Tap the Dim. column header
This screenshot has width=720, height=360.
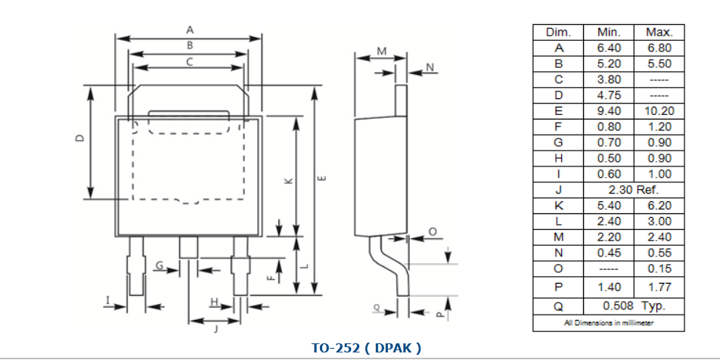(x=558, y=33)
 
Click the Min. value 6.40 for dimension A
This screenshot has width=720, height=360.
(x=609, y=48)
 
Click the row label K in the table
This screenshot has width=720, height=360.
(x=558, y=206)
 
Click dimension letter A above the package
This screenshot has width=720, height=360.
(x=190, y=29)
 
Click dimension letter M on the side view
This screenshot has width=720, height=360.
(x=382, y=51)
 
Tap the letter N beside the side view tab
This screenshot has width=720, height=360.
(x=429, y=68)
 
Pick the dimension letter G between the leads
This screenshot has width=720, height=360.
(x=160, y=265)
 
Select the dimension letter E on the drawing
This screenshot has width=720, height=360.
(x=323, y=178)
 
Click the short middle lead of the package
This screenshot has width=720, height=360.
(x=188, y=247)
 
